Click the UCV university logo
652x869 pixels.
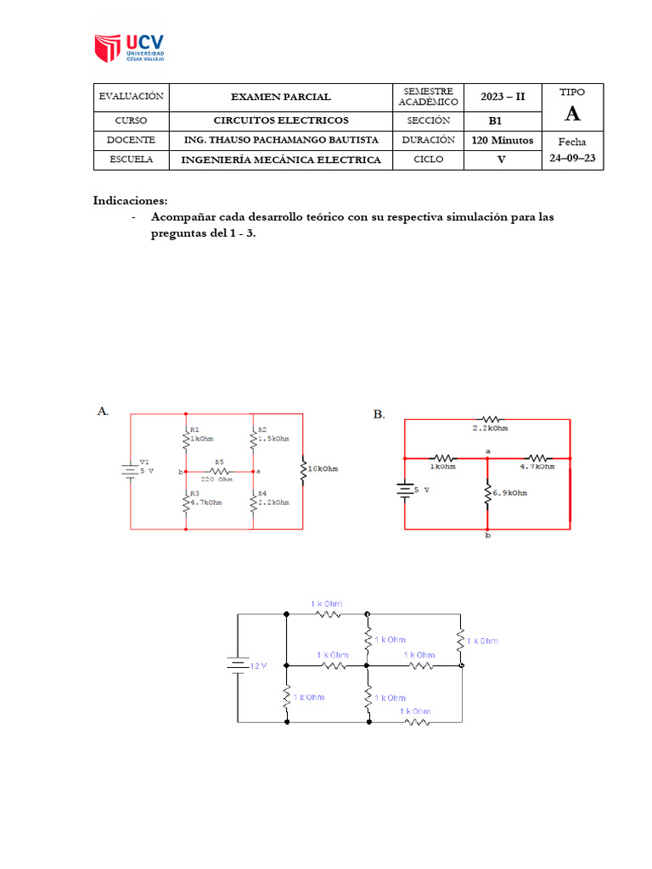click(x=130, y=48)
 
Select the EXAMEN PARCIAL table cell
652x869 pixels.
click(x=281, y=97)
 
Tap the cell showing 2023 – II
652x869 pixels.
click(x=503, y=97)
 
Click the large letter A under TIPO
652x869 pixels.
click(x=573, y=114)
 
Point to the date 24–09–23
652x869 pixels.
click(x=572, y=158)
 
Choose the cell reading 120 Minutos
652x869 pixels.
click(x=503, y=140)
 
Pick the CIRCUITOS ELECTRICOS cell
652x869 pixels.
click(x=281, y=120)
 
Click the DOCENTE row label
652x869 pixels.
click(x=131, y=140)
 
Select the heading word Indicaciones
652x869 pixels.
click(x=130, y=201)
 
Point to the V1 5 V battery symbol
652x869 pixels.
click(x=130, y=470)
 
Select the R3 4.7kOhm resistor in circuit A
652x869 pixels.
click(x=186, y=501)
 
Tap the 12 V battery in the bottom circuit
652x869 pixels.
click(x=237, y=665)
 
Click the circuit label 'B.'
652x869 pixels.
click(x=379, y=414)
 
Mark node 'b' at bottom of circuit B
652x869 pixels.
click(x=487, y=536)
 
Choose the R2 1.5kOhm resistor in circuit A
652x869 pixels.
click(x=253, y=439)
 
